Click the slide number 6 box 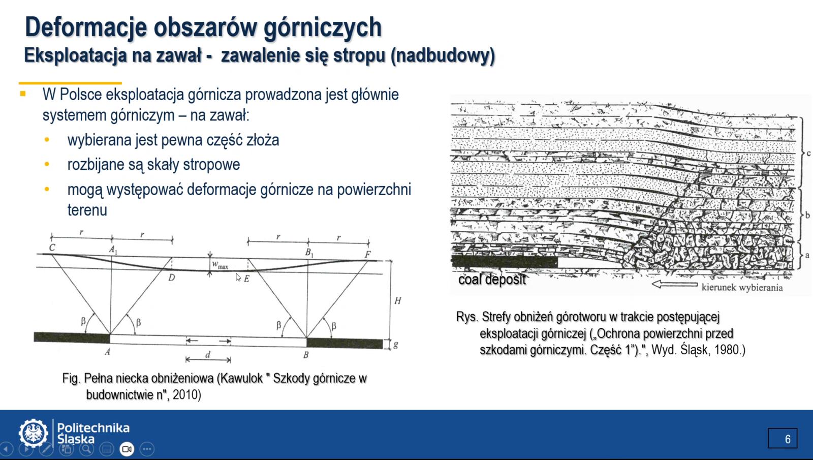point(783,438)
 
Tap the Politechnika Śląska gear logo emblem point(34,433)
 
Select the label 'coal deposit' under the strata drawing point(492,280)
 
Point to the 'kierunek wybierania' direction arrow point(674,284)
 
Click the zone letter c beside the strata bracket point(808,153)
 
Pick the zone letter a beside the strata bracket point(807,255)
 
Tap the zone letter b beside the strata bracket point(807,215)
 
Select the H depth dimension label point(398,300)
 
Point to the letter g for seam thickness point(396,345)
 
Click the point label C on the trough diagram point(52,248)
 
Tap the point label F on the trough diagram point(368,254)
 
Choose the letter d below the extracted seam point(208,354)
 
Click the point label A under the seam point(107,352)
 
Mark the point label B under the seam point(306,355)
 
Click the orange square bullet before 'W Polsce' point(23,94)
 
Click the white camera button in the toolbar point(127,449)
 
